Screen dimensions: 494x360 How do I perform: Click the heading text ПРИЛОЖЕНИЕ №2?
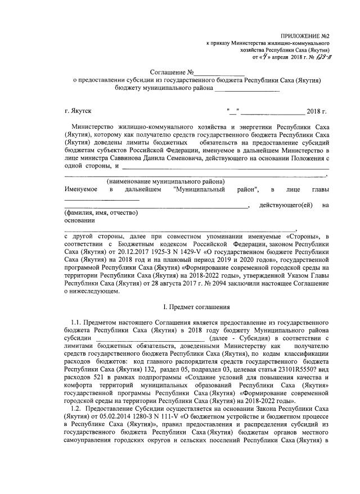point(305,35)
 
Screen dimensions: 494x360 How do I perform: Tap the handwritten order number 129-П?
point(321,57)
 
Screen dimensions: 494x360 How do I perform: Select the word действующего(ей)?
point(285,205)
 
